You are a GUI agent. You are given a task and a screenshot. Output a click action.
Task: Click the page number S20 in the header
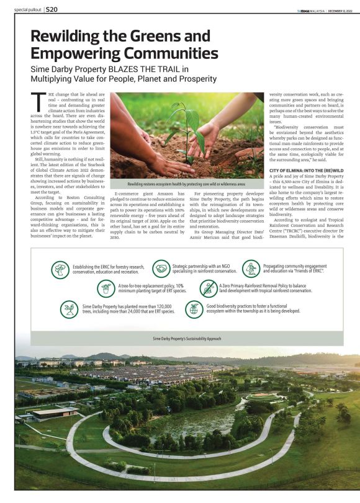(52, 10)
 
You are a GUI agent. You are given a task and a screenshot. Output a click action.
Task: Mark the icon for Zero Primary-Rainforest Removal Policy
(209, 288)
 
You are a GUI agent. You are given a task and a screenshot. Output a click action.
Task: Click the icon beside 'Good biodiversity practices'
(194, 308)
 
